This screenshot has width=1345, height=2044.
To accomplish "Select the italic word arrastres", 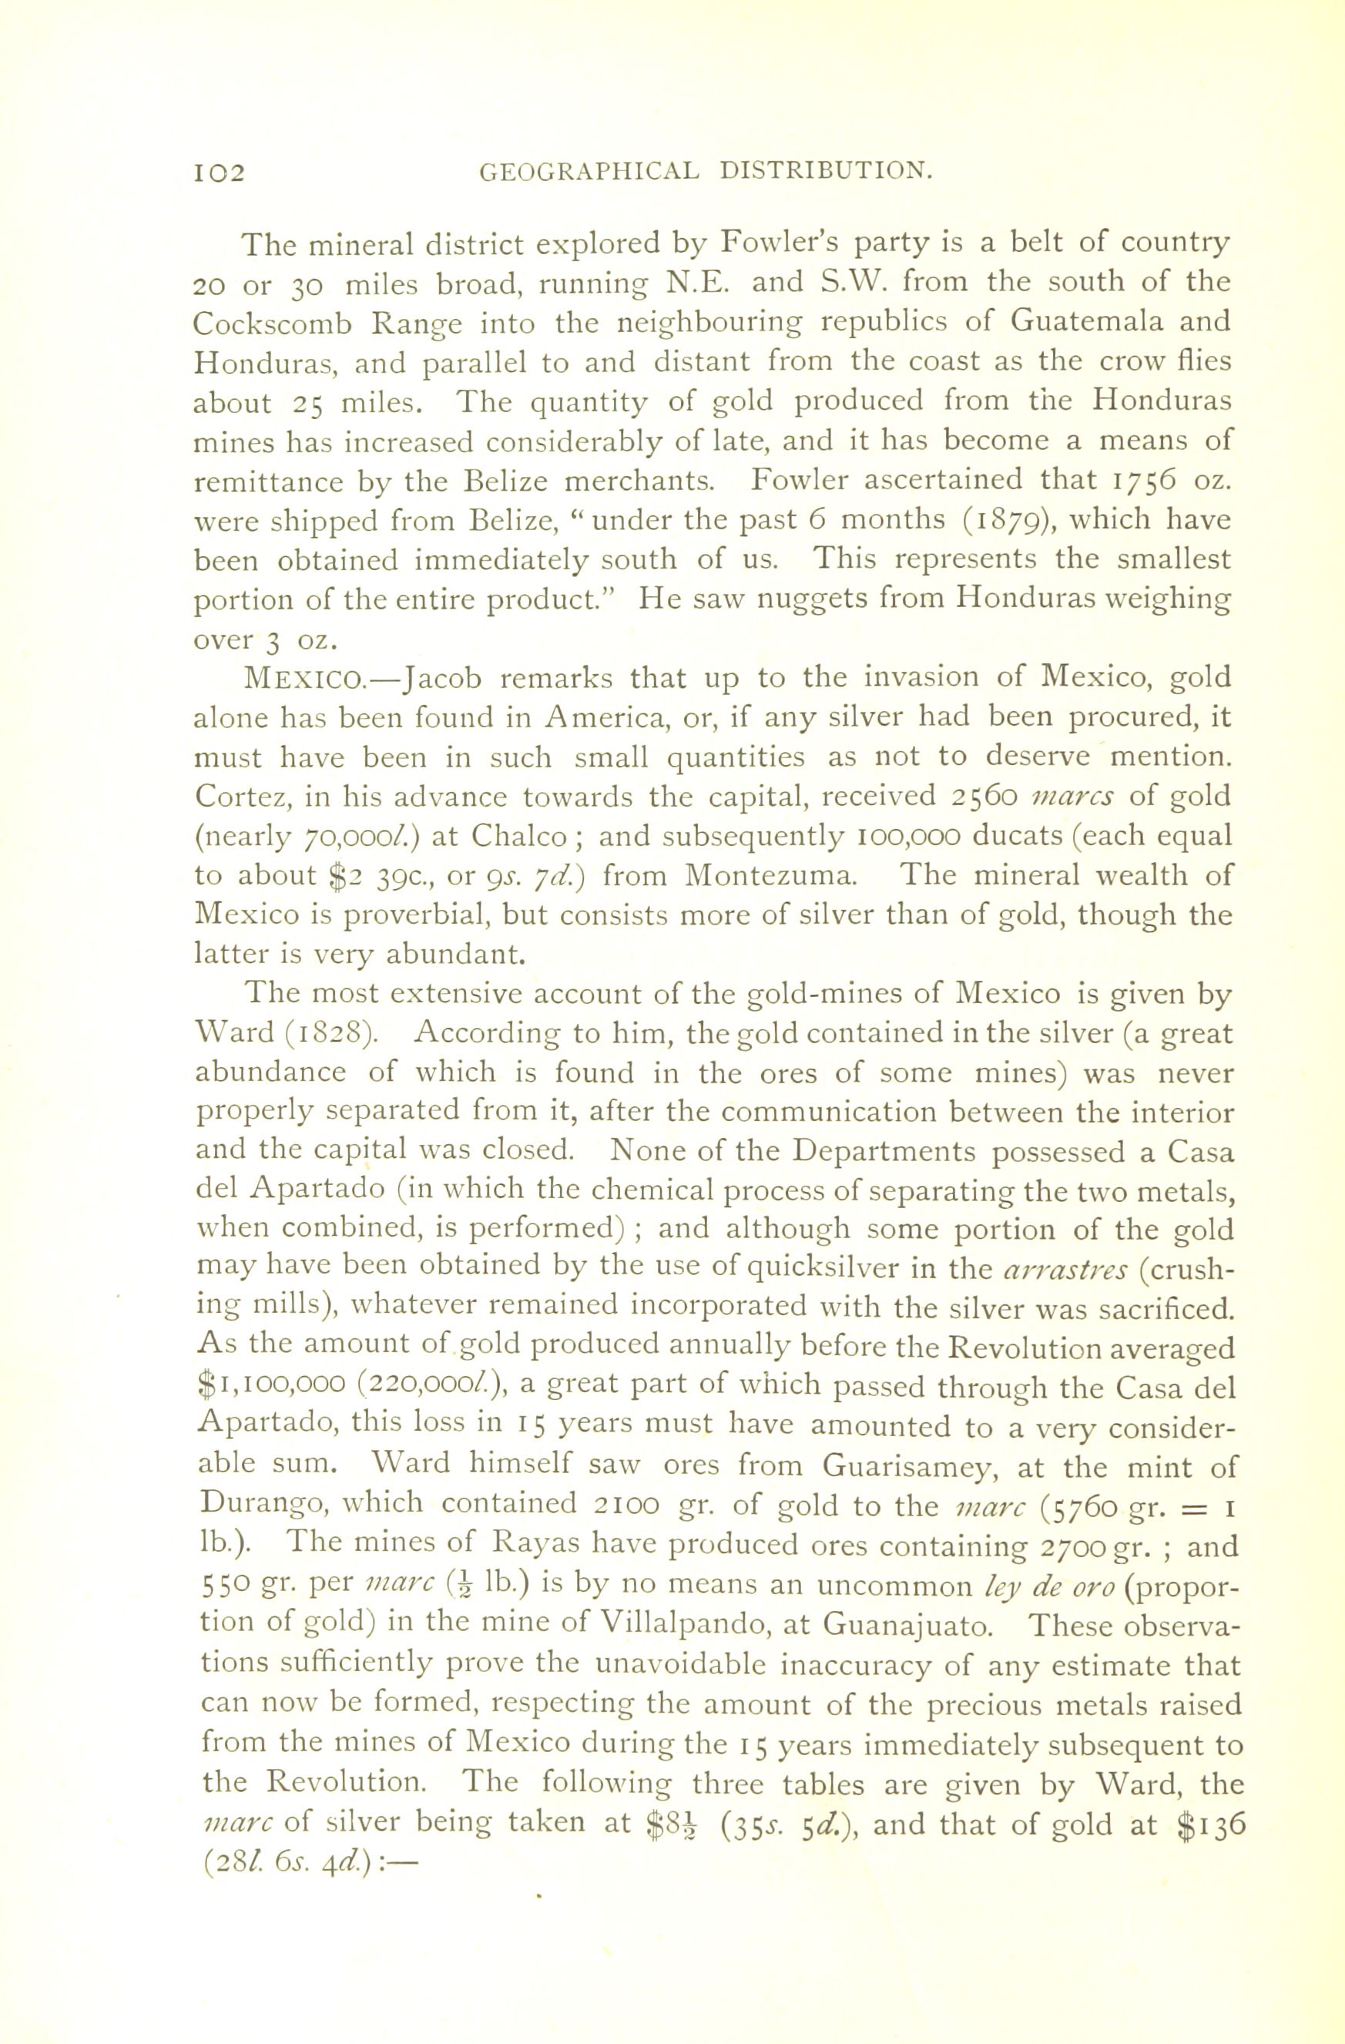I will [1064, 1270].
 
